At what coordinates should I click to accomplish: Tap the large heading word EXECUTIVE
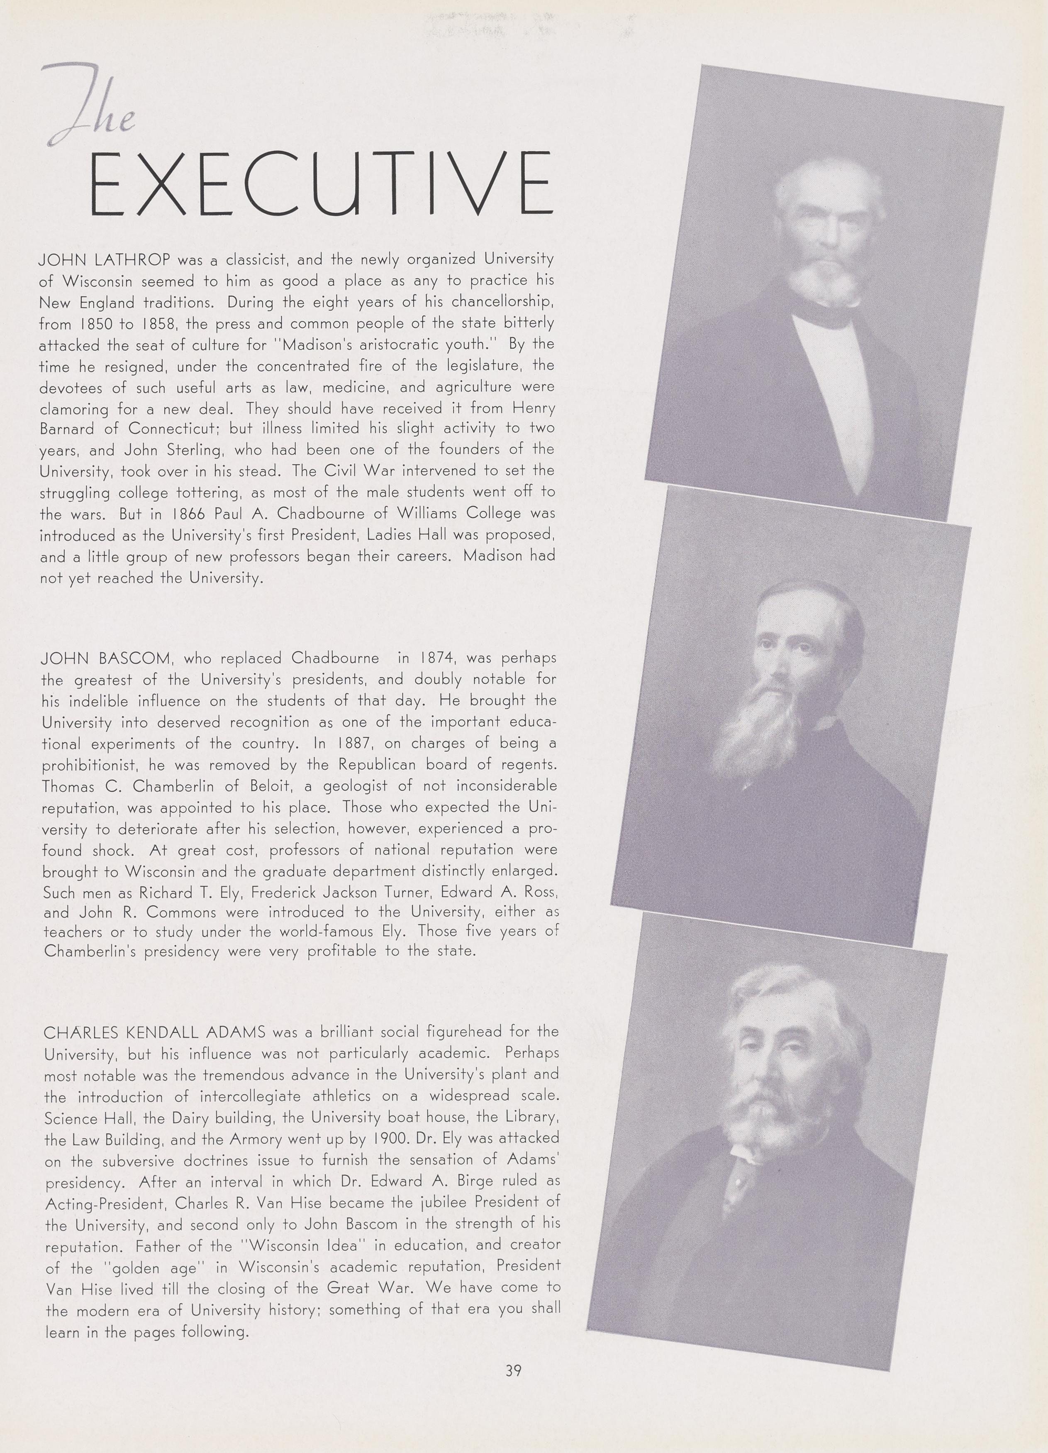(322, 184)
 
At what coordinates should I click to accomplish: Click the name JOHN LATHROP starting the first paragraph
(105, 260)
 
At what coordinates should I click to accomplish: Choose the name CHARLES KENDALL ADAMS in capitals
(154, 1032)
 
